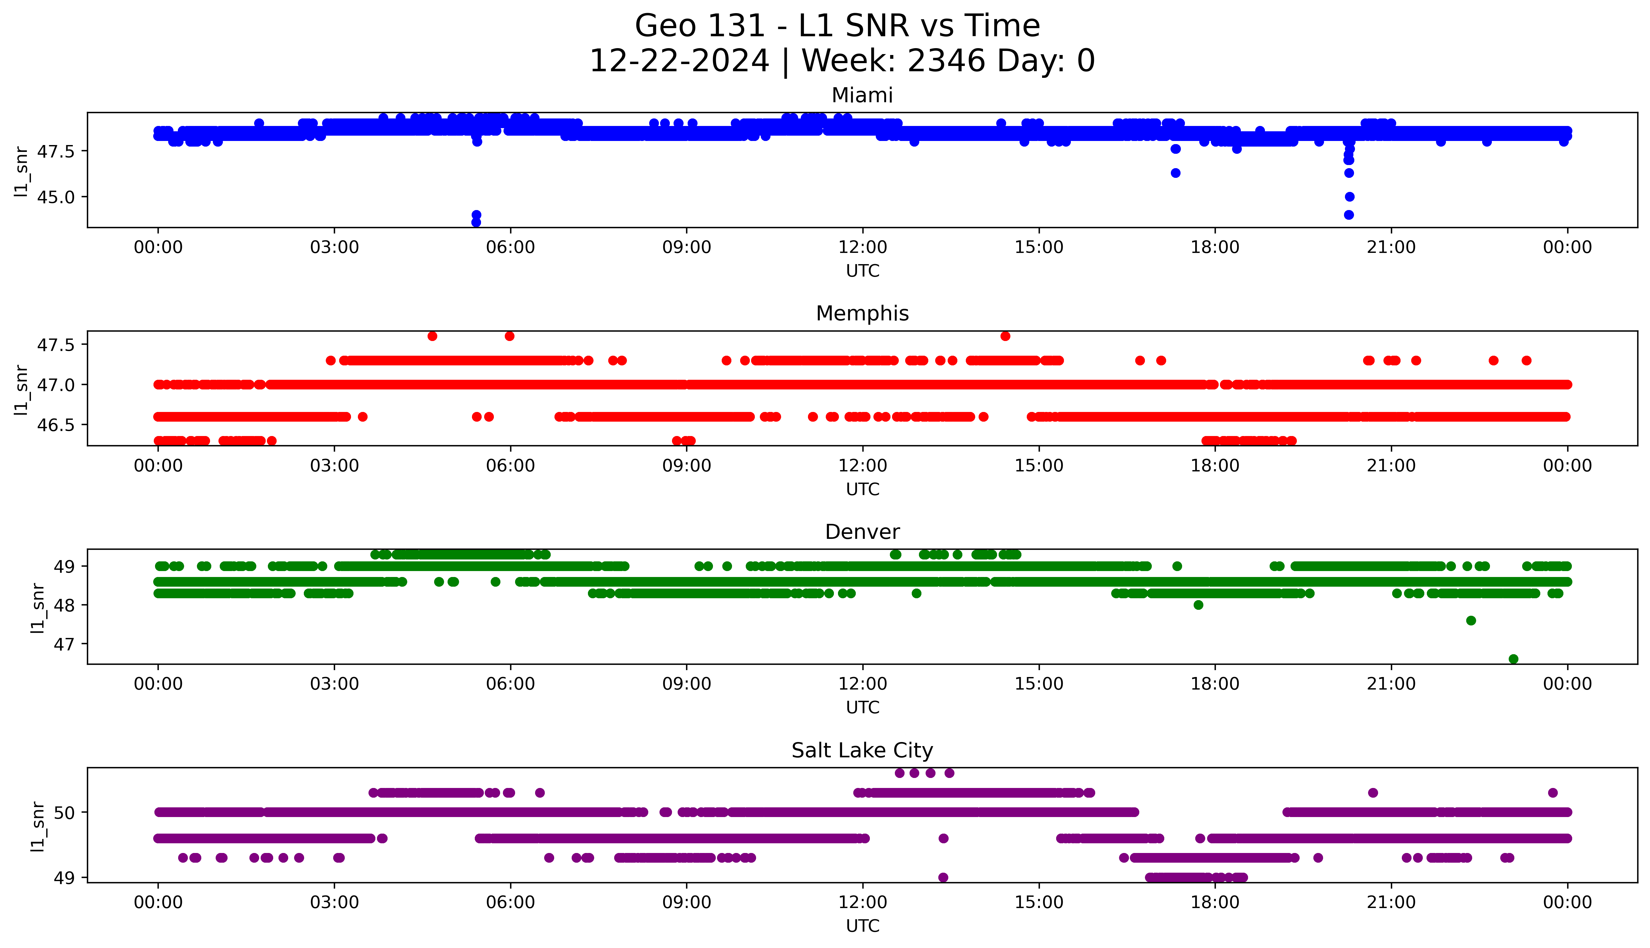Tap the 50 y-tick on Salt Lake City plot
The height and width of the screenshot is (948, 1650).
tap(65, 813)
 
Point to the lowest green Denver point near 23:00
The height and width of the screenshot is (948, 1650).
tap(1513, 659)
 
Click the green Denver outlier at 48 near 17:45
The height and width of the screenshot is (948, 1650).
tap(1198, 605)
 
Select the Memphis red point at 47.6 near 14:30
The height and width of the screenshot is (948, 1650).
tap(1005, 336)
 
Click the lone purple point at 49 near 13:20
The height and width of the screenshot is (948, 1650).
tap(943, 877)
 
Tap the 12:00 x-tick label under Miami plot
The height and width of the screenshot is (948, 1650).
tap(862, 248)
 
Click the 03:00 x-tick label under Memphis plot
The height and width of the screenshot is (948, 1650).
tap(334, 466)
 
